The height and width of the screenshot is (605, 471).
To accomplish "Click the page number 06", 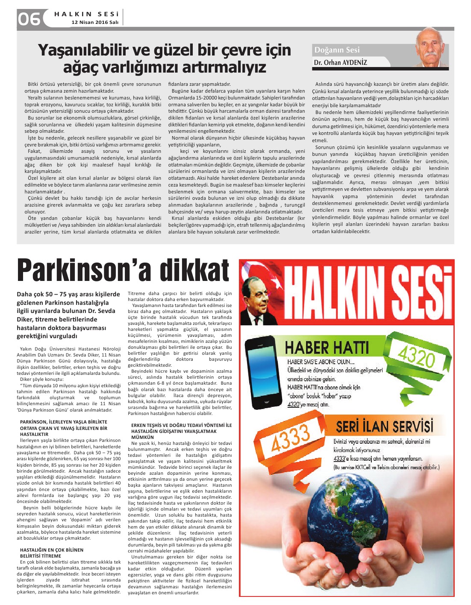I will pyautogui.click(x=29, y=19).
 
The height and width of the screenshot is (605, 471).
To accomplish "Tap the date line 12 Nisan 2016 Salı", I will pyautogui.click(x=94, y=22).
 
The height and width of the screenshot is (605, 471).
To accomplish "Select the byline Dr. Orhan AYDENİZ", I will pyautogui.click(x=340, y=62).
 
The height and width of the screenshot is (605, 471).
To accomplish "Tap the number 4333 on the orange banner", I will pyautogui.click(x=291, y=438).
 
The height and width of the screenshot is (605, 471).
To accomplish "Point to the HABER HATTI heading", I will pyautogui.click(x=326, y=348).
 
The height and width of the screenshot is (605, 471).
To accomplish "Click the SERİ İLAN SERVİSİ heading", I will pyautogui.click(x=384, y=426).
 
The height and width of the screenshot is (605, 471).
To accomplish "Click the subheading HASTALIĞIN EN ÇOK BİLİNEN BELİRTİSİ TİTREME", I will pyautogui.click(x=52, y=553).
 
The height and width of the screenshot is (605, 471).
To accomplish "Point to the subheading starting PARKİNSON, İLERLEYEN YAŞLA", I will pyautogui.click(x=64, y=428).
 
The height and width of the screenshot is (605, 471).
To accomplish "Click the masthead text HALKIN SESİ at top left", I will pyautogui.click(x=86, y=14).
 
